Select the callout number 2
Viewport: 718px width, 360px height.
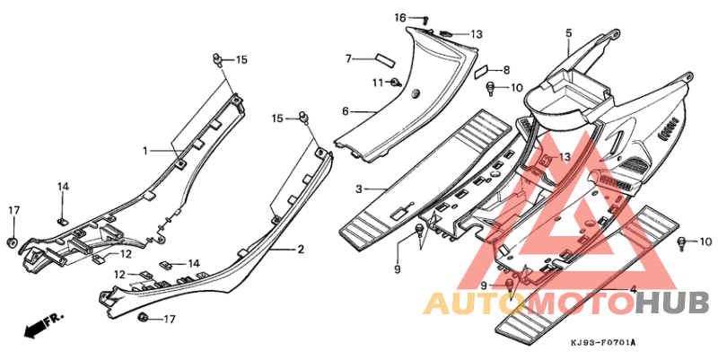click(302, 249)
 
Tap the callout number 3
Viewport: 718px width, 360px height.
click(359, 189)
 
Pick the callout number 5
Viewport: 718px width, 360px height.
click(568, 33)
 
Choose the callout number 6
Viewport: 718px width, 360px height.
click(346, 111)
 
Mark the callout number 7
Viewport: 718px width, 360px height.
click(348, 58)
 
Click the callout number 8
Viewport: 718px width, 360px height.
click(506, 70)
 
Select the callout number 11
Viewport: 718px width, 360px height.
click(378, 83)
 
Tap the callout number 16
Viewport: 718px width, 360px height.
click(400, 18)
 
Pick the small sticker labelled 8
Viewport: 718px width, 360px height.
click(481, 69)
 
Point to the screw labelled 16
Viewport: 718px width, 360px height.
click(425, 20)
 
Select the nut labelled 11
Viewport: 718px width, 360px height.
click(395, 83)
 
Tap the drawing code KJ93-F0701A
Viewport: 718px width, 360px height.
click(601, 344)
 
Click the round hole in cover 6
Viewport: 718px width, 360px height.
click(416, 93)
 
